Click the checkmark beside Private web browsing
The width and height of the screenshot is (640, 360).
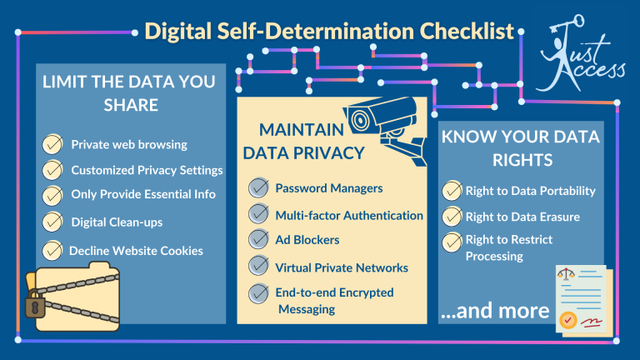[52, 144]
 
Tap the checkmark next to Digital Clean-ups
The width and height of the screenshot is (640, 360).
[52, 222]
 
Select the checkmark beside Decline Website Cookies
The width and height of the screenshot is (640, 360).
[52, 249]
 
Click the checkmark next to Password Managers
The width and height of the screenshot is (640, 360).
[258, 188]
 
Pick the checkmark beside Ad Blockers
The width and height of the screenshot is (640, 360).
[258, 241]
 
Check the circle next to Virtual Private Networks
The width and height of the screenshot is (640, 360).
[258, 267]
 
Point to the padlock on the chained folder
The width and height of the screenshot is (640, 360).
[34, 303]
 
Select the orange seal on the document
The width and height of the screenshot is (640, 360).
[566, 318]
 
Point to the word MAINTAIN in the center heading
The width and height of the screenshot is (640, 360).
[298, 130]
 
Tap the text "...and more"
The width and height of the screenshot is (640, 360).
[495, 311]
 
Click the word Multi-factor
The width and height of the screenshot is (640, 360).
[309, 216]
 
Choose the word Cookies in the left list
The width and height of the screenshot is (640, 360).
[182, 250]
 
